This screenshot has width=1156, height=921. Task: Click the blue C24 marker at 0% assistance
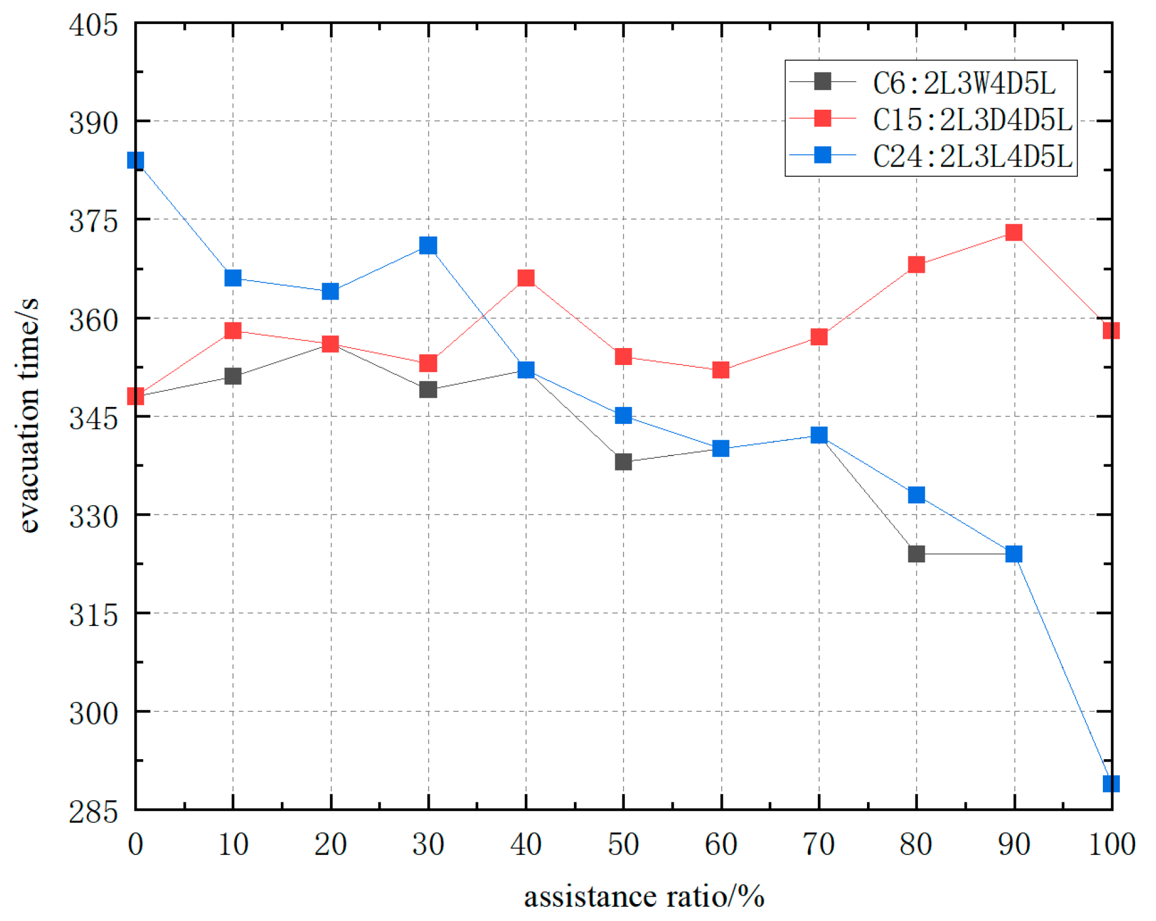tap(135, 160)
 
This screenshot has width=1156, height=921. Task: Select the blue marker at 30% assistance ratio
tap(428, 245)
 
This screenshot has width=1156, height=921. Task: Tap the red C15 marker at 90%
tap(1014, 232)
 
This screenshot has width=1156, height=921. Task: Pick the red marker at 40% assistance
tap(526, 278)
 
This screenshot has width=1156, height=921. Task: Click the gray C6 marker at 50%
tap(623, 462)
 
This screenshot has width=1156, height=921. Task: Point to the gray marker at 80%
tap(916, 554)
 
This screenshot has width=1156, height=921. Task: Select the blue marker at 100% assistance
tap(1110, 783)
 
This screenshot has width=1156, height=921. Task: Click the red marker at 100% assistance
tap(1110, 331)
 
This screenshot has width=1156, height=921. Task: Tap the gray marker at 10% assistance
tap(233, 376)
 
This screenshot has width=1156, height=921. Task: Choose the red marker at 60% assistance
tap(720, 370)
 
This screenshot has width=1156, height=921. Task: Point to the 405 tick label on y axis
tap(93, 26)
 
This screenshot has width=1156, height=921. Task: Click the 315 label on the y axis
tap(93, 615)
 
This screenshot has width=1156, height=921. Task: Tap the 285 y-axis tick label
tap(93, 812)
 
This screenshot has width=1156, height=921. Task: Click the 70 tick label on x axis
tap(819, 844)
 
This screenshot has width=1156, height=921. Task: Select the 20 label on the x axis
tap(330, 844)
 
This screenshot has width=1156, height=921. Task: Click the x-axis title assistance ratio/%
tap(643, 896)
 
